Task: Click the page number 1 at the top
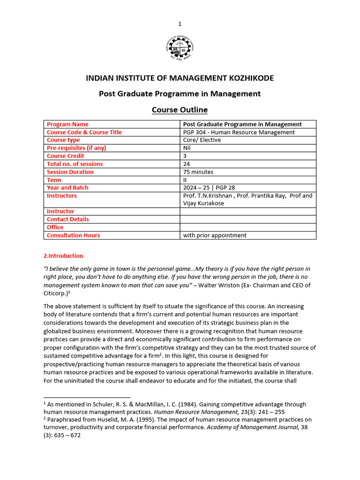180,24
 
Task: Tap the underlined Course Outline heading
180,110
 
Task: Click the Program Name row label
67,124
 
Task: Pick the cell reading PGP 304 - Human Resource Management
239,132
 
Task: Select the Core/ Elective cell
202,140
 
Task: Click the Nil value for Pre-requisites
187,148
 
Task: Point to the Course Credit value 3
185,156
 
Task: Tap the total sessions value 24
187,164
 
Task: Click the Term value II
185,180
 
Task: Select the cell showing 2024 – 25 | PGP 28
209,187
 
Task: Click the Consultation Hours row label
73,235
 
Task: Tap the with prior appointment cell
215,235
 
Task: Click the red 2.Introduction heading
63,256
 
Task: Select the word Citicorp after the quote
55,293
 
